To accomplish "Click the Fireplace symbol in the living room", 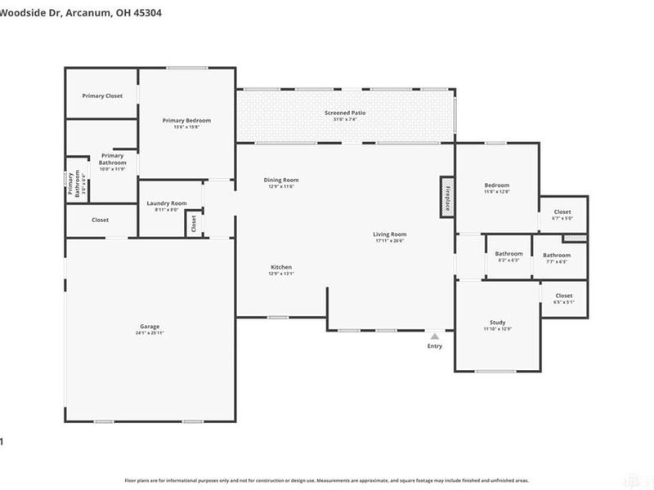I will pyautogui.click(x=447, y=196).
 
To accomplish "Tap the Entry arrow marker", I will pyautogui.click(x=435, y=336).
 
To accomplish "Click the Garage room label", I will pyautogui.click(x=149, y=326).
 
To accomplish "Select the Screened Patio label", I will pyautogui.click(x=345, y=113).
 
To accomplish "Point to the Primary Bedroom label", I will pyautogui.click(x=186, y=120).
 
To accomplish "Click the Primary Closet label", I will pyautogui.click(x=102, y=96).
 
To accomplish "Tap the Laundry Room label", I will pyautogui.click(x=166, y=203).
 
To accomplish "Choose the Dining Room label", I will pyautogui.click(x=280, y=180).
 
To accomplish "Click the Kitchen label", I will pyautogui.click(x=281, y=267).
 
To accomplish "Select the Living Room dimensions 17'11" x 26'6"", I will pyautogui.click(x=390, y=241).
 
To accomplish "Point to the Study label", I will pyautogui.click(x=498, y=323).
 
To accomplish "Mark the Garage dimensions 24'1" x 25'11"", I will pyautogui.click(x=149, y=333).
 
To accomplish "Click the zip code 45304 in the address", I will pyautogui.click(x=150, y=13).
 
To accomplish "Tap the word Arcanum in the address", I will pyautogui.click(x=83, y=13).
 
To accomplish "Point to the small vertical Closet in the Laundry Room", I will pyautogui.click(x=194, y=224).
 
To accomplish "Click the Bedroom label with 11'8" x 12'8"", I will pyautogui.click(x=496, y=185).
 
